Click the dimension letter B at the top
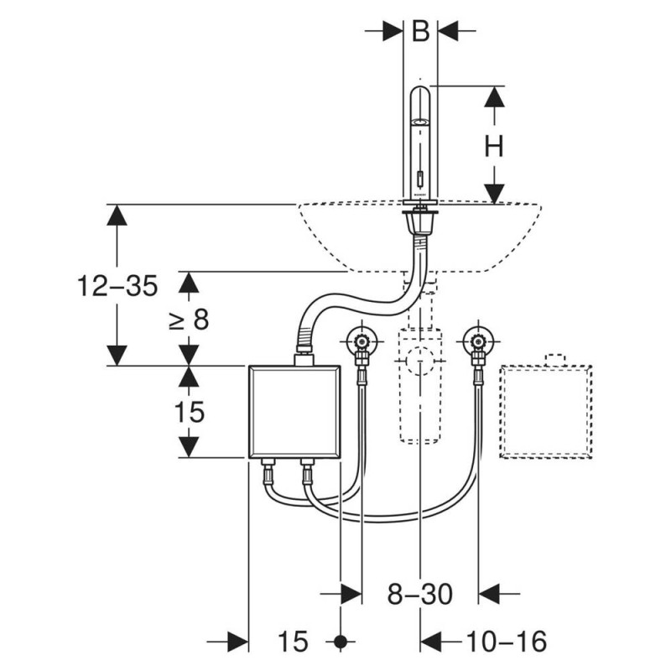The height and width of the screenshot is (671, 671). click(420, 31)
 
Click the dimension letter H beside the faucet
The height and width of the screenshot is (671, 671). click(494, 146)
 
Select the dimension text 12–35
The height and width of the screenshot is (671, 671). click(117, 286)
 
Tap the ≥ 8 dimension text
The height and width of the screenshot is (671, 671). click(189, 319)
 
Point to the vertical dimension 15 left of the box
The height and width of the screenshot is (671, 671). click(190, 412)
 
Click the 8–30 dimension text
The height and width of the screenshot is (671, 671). click(420, 594)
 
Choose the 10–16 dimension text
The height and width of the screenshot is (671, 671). click(506, 641)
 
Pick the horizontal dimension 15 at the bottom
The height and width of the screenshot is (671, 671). click(293, 642)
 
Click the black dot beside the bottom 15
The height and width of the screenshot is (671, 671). click(341, 642)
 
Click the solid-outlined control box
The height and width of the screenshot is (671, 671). click(294, 412)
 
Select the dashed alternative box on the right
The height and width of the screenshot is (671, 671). click(546, 412)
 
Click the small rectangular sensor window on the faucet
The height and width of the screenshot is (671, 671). click(421, 177)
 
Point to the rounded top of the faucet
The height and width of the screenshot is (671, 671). click(420, 93)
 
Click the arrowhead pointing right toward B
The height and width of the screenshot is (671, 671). click(393, 31)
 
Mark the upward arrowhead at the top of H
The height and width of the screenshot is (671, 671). click(494, 96)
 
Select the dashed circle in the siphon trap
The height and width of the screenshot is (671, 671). click(420, 362)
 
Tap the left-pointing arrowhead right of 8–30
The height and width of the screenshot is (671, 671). click(489, 594)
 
